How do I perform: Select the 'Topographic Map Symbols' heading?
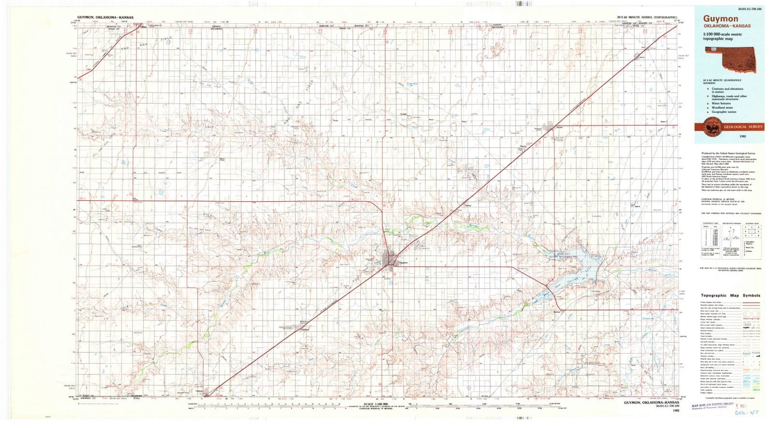point(730,295)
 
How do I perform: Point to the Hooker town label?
point(559,128)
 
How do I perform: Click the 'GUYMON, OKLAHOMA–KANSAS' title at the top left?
point(105,17)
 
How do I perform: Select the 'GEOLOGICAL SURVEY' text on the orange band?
point(743,127)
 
